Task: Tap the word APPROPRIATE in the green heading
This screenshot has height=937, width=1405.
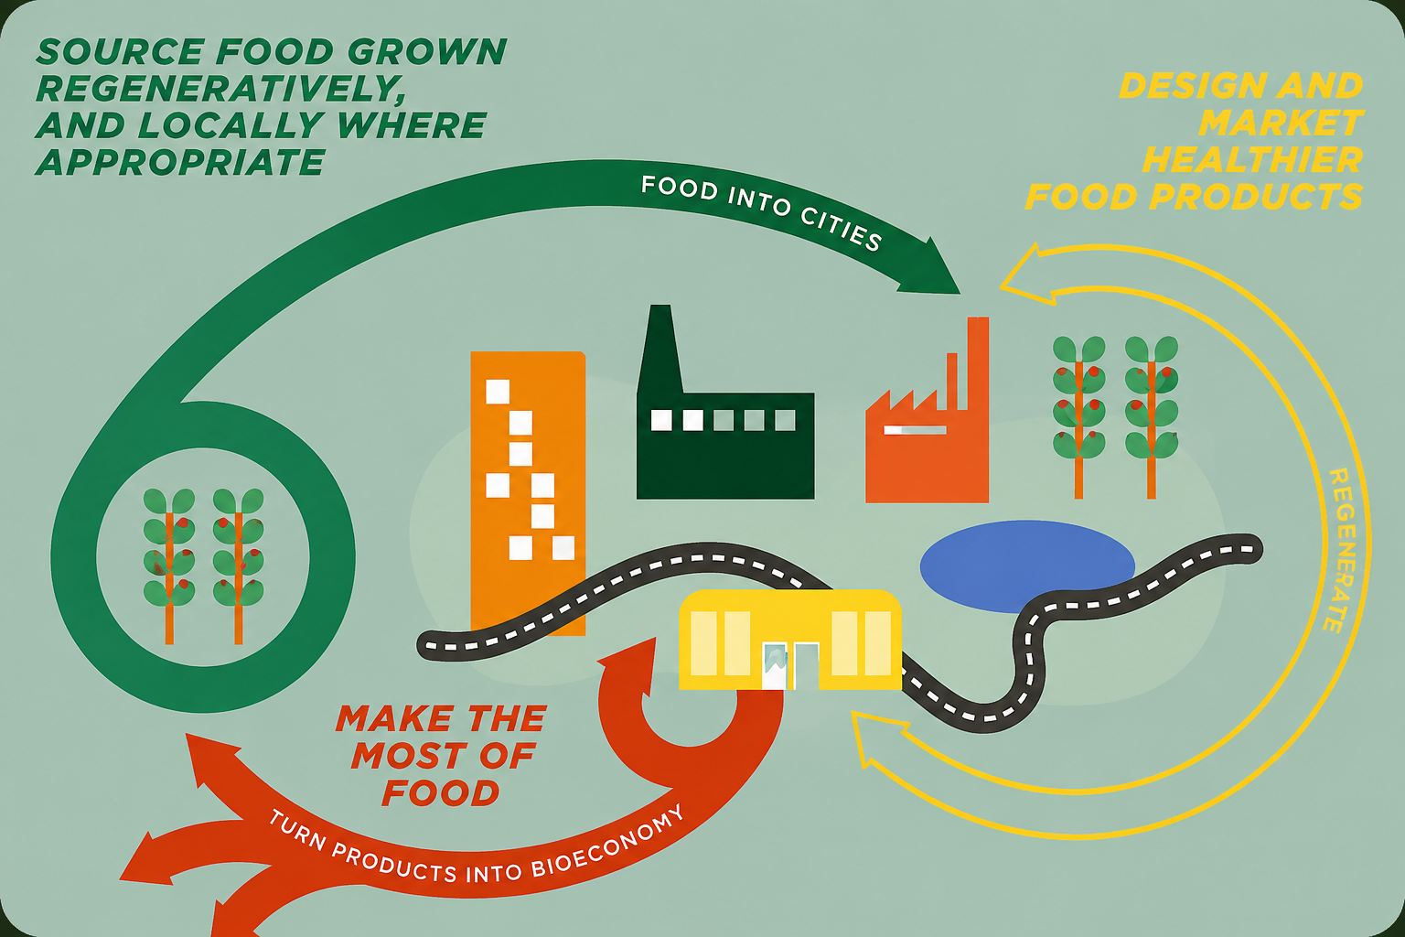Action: point(180,162)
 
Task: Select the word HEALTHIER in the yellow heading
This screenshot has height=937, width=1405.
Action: point(1252,159)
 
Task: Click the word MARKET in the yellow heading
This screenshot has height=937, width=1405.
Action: point(1281,123)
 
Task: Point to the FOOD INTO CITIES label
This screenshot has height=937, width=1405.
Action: point(762,210)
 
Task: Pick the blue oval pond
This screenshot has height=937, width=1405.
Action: point(1027,566)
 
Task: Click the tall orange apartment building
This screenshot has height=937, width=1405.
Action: point(528,493)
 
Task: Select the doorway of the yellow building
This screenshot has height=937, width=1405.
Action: point(806,666)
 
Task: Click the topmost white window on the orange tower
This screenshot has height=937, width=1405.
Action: point(498,392)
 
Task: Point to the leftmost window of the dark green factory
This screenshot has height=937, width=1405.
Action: point(661,420)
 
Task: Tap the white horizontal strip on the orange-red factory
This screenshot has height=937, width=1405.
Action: point(915,430)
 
